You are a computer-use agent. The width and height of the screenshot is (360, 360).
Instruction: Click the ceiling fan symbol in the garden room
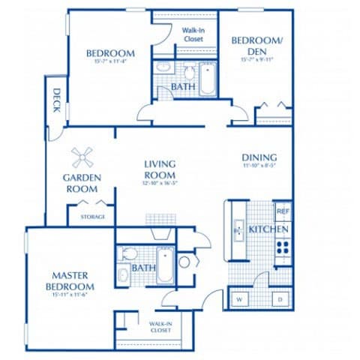tap(82, 157)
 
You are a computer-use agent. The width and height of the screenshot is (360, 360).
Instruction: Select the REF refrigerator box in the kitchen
tap(282, 212)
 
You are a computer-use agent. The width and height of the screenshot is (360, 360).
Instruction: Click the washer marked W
tap(240, 299)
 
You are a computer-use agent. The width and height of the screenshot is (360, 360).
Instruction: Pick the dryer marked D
tap(279, 299)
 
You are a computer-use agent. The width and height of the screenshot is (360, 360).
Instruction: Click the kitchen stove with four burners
tap(283, 247)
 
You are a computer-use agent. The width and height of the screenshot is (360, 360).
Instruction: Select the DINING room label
tap(259, 157)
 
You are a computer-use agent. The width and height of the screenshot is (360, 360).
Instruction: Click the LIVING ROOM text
tap(159, 169)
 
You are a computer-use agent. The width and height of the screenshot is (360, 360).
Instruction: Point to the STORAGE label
tap(92, 217)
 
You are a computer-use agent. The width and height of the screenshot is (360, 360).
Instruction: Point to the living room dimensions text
tap(159, 182)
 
